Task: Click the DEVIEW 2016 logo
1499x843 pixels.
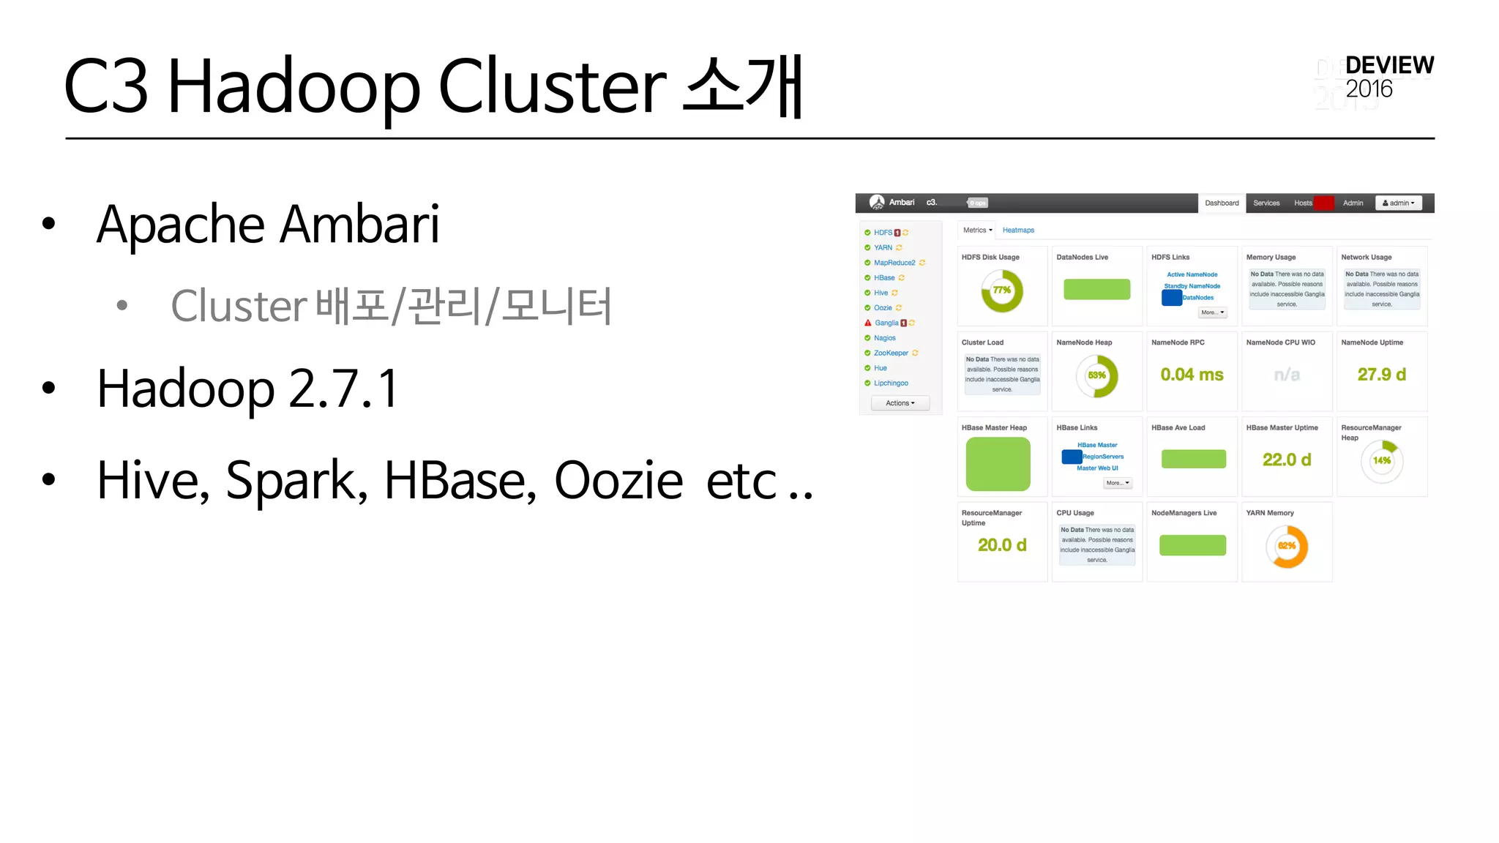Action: click(1388, 77)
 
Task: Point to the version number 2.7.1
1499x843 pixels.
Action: click(343, 388)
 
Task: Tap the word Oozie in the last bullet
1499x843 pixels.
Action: click(618, 481)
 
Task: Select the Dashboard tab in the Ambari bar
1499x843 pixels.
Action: click(1222, 203)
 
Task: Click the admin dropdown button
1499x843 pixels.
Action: click(1398, 203)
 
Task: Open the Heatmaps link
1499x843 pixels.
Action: click(1018, 230)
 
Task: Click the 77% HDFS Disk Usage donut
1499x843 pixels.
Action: click(1002, 291)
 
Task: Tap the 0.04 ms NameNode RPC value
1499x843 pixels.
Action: click(1192, 375)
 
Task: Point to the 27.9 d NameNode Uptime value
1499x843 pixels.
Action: click(1381, 375)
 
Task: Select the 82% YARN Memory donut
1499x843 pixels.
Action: click(1287, 546)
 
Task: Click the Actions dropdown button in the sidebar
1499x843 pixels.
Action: click(900, 403)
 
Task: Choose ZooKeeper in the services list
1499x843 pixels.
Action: click(891, 353)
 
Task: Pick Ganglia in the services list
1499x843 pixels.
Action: click(886, 323)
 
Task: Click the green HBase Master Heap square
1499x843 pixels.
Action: click(998, 464)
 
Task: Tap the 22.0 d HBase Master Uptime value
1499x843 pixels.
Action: click(1287, 460)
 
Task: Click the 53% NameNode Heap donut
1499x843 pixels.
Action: click(1096, 375)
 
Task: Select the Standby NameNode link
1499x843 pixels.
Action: click(1192, 286)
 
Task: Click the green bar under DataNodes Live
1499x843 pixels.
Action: click(1096, 289)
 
